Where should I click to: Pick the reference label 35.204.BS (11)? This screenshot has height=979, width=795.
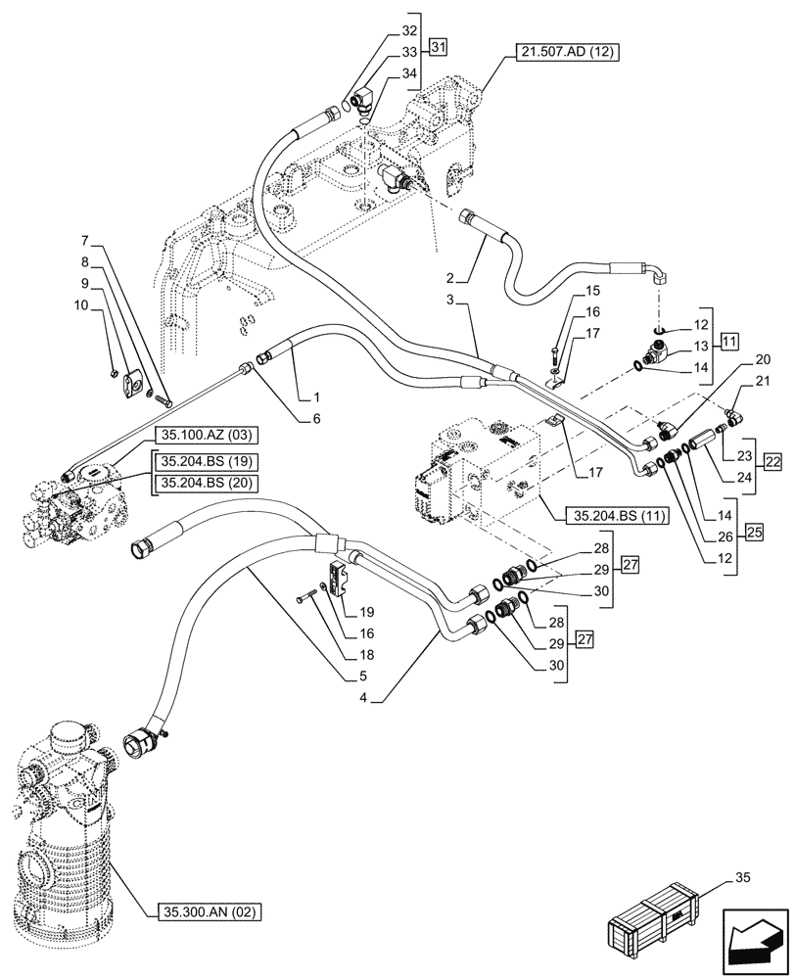pyautogui.click(x=610, y=515)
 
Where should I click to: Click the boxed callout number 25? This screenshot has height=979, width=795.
pyautogui.click(x=753, y=532)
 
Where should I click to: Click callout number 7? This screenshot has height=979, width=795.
pyautogui.click(x=86, y=241)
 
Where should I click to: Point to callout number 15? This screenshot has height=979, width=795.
pyautogui.click(x=591, y=291)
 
